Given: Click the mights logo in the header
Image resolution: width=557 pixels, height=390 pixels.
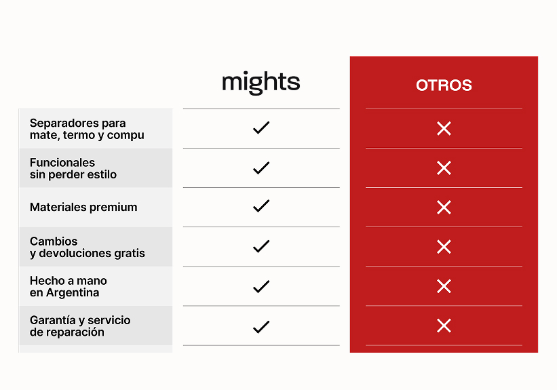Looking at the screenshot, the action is click(261, 83).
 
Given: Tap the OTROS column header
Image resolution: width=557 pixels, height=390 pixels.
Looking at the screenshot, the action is click(444, 85).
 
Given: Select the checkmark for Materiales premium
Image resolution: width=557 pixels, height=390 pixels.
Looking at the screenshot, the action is click(261, 206).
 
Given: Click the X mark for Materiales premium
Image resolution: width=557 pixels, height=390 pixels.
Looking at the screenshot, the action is click(444, 208).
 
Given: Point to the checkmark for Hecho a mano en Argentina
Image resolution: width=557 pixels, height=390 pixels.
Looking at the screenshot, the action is click(261, 286).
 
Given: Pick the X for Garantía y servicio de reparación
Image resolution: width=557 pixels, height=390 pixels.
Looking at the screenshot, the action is click(444, 326).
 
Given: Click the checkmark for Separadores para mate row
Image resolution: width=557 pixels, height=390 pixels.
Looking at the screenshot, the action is click(261, 128).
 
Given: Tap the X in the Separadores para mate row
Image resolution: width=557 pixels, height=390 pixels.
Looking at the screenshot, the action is click(444, 129).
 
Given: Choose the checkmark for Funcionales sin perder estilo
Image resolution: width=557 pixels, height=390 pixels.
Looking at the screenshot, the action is click(261, 168).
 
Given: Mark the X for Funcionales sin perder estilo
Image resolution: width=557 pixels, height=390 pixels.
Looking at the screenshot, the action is click(444, 168).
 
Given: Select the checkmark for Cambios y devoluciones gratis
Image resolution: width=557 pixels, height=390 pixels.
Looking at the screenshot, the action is click(261, 246).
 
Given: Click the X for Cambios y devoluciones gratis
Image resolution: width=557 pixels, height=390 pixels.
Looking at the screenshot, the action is click(444, 247).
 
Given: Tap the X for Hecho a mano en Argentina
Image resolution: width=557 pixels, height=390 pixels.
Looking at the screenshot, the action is click(444, 286).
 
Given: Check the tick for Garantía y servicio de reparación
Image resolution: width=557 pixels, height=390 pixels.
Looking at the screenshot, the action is click(261, 327).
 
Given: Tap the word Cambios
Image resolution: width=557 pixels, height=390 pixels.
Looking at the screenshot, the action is click(54, 241).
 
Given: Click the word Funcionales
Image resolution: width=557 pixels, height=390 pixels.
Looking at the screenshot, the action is click(62, 162).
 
